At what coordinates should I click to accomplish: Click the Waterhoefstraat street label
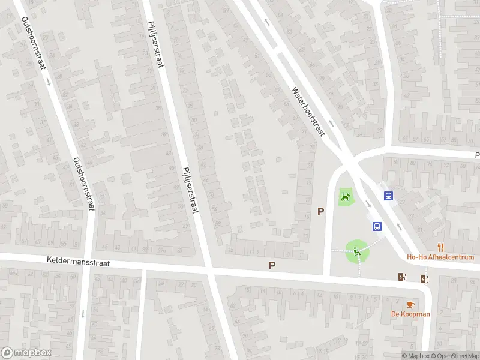(308, 111)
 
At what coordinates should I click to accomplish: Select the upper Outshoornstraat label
(34, 44)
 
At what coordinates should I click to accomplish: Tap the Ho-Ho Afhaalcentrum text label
(440, 257)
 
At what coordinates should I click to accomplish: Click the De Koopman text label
(410, 314)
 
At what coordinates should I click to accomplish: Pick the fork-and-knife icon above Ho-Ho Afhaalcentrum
(440, 246)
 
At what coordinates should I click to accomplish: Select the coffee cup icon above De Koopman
(410, 304)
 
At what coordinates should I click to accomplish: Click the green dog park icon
(345, 197)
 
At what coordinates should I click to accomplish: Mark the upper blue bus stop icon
(389, 196)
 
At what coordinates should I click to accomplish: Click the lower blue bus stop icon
(377, 226)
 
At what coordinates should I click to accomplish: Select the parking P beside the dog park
(321, 211)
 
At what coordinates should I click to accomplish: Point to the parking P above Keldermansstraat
(272, 265)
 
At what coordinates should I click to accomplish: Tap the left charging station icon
(402, 277)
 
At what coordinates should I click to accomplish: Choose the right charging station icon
(425, 278)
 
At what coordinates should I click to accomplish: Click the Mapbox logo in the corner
(26, 353)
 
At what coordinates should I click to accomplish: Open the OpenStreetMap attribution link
(454, 356)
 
